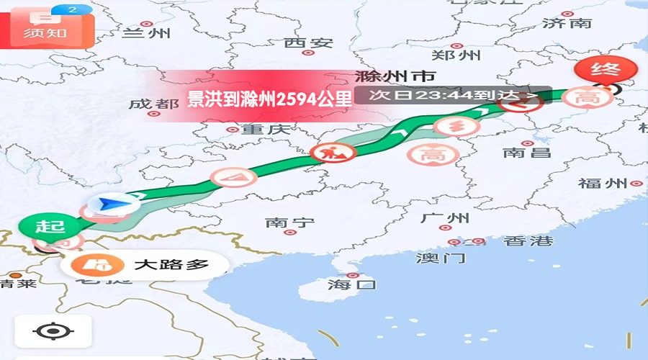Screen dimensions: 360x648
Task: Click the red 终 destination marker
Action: pyautogui.click(x=606, y=70)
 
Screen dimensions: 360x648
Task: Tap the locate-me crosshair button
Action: pyautogui.click(x=53, y=332)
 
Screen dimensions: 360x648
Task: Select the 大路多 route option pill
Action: pyautogui.click(x=144, y=265)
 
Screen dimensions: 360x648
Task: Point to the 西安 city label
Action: pyautogui.click(x=308, y=43)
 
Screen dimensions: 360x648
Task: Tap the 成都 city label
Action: pyautogui.click(x=154, y=104)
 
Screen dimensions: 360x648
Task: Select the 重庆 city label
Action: pyautogui.click(x=265, y=130)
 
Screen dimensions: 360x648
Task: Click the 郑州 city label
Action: pyautogui.click(x=455, y=55)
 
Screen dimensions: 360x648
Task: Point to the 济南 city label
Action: pyautogui.click(x=567, y=23)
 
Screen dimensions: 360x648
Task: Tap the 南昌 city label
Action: pyautogui.click(x=526, y=153)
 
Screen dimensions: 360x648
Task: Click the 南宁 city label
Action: pyautogui.click(x=289, y=222)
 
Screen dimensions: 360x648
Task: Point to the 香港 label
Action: pyautogui.click(x=528, y=241)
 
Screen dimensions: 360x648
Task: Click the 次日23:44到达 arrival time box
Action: pyautogui.click(x=453, y=94)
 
